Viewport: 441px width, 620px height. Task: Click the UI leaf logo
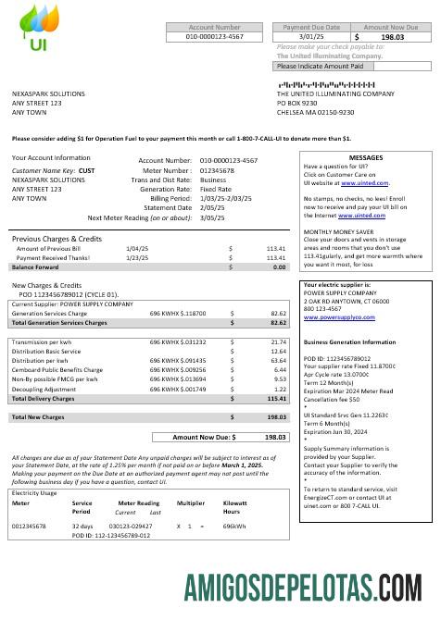(x=35, y=29)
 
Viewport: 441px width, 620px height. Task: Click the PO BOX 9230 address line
(x=301, y=103)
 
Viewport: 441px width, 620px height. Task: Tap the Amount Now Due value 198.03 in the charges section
(x=274, y=436)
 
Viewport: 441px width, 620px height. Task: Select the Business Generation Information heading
(x=351, y=341)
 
